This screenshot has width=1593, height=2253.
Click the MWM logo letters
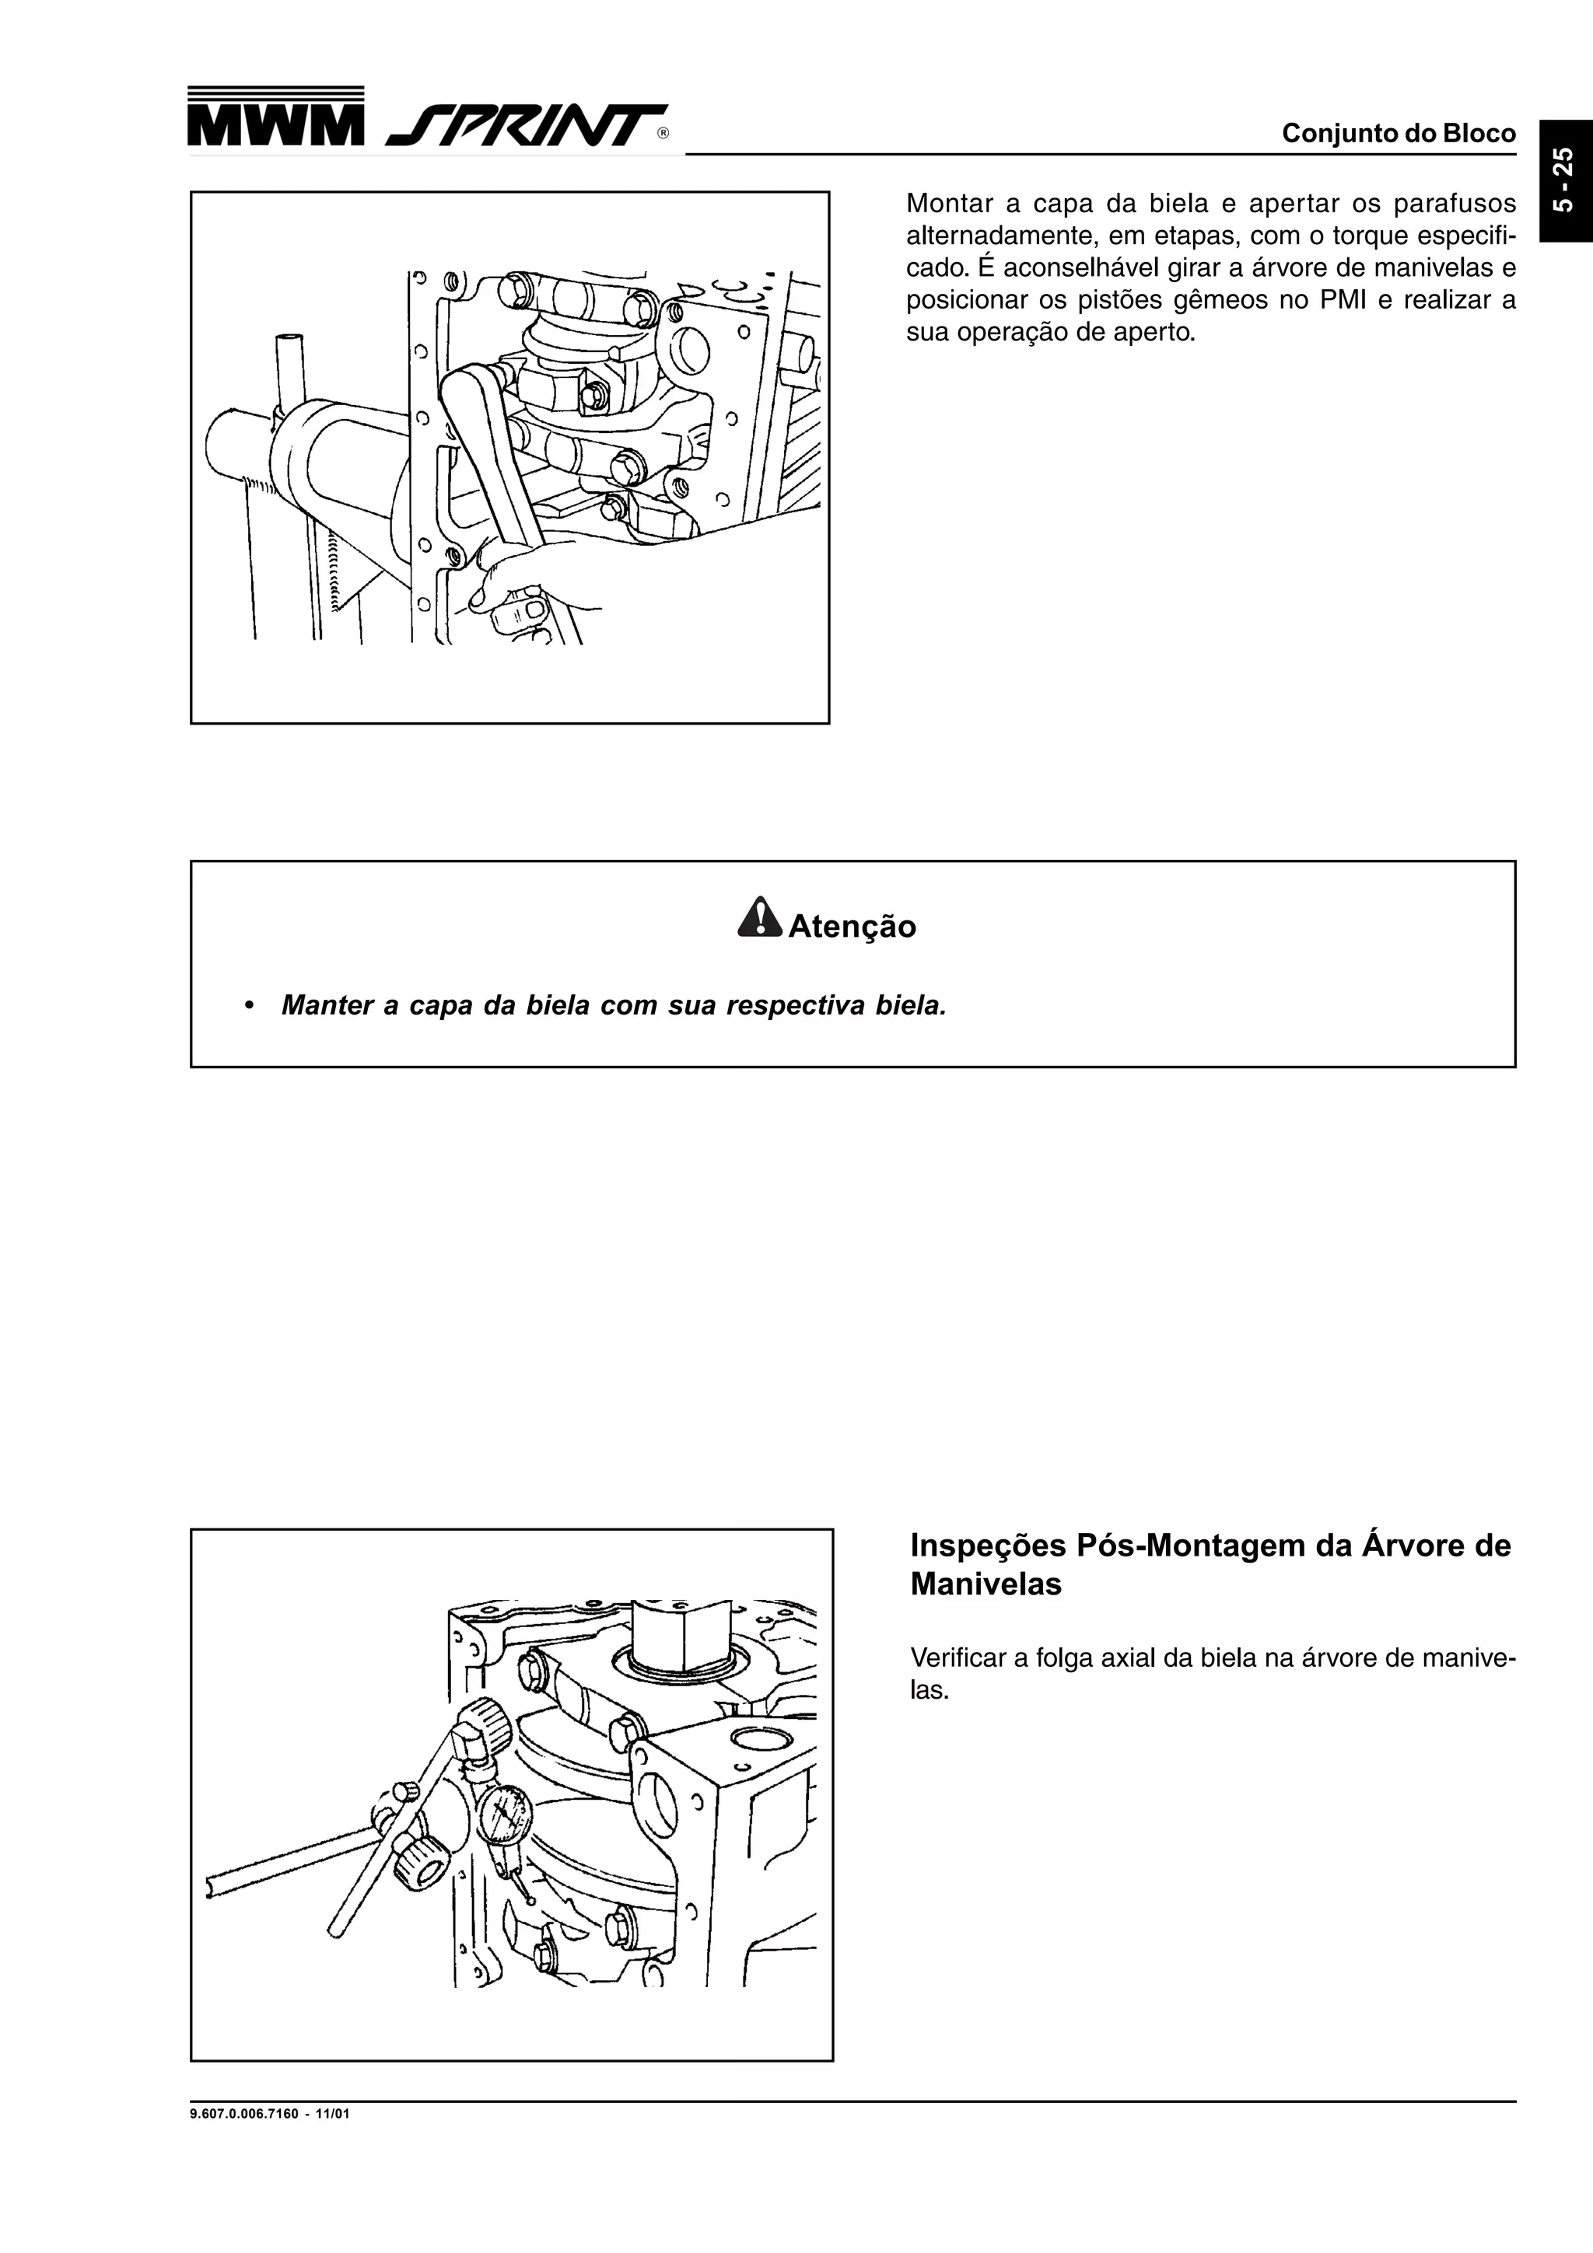coord(276,124)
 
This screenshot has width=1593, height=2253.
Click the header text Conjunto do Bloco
coord(1398,134)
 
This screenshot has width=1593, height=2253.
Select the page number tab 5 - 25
coord(1564,180)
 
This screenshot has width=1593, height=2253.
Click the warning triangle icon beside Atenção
coord(758,917)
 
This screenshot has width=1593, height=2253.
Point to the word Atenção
coord(852,927)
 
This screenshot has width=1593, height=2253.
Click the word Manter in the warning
coord(326,1006)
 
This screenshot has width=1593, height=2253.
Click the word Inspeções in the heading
coord(987,1546)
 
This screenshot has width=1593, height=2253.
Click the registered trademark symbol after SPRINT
coord(663,134)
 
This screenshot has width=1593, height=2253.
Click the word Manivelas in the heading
coord(986,1584)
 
